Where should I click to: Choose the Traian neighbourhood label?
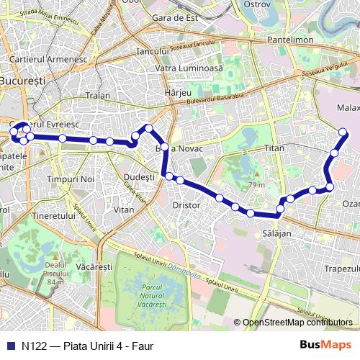97,95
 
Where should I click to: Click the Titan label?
275,148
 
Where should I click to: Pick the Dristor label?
186,204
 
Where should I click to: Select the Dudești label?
140,176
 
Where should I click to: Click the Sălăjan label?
276,234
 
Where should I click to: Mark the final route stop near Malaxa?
343,132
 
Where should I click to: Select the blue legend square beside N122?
9,346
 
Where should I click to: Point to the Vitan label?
124,210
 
